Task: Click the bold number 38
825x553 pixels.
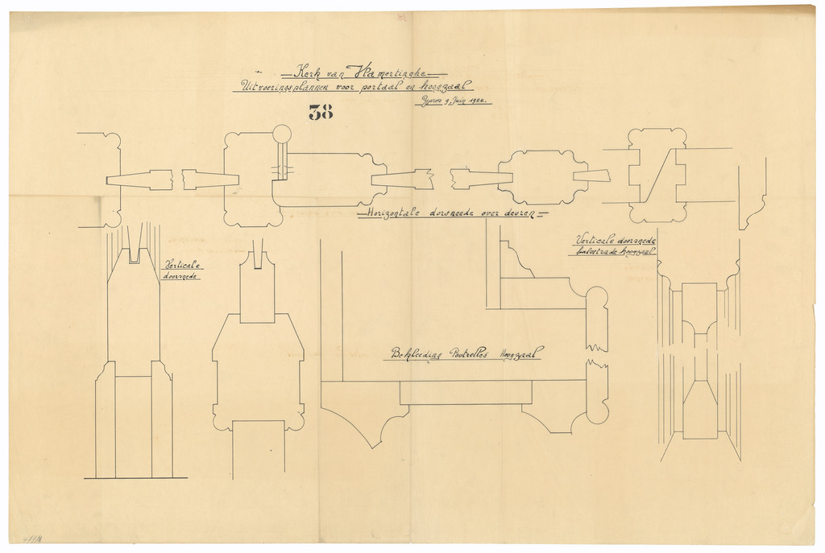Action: coord(321,113)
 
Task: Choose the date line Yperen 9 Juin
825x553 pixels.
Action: coord(452,101)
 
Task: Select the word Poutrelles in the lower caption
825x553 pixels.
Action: coord(471,353)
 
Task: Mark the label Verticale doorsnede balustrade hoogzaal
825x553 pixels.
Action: coord(614,246)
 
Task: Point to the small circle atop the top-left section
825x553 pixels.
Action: coord(281,134)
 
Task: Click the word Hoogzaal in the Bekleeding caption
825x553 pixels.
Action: coord(520,353)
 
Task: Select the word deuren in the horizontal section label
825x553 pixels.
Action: coord(525,214)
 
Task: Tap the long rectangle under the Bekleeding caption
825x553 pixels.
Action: coord(466,392)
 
